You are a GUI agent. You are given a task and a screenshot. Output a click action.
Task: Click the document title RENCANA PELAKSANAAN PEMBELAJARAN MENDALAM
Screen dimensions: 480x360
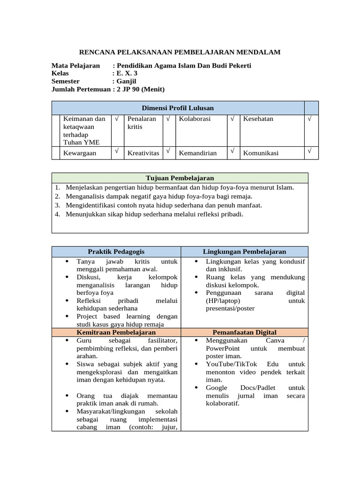(x=180, y=52)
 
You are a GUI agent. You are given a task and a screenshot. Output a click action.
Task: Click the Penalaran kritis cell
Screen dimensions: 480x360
(x=142, y=123)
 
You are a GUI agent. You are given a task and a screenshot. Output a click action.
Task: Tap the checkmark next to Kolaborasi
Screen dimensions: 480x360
(x=232, y=119)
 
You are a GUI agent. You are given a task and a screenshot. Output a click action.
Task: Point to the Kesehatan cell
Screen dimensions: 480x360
(x=258, y=119)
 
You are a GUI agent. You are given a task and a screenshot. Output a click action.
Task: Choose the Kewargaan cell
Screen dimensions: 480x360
(x=80, y=153)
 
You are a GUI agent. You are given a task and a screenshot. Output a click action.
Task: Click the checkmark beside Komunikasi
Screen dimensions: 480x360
(x=309, y=151)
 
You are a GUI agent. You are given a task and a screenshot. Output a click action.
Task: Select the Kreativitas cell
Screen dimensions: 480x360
(x=143, y=153)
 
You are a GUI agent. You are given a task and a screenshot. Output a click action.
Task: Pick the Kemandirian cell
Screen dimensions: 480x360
(x=197, y=153)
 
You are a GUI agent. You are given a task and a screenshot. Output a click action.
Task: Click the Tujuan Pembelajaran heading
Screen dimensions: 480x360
(x=180, y=178)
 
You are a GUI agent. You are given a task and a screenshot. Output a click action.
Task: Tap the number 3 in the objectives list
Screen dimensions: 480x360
(x=57, y=205)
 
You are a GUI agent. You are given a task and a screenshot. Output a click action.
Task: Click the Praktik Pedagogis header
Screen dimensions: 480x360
(x=116, y=252)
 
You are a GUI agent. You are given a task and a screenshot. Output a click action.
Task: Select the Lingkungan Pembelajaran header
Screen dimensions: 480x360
(x=244, y=252)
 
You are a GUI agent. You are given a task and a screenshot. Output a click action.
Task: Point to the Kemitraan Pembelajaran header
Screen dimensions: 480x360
(x=116, y=332)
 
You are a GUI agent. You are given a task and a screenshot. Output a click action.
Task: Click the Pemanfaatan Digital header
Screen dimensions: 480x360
(x=244, y=332)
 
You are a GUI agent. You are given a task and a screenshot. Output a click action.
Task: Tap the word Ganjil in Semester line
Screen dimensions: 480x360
(x=126, y=81)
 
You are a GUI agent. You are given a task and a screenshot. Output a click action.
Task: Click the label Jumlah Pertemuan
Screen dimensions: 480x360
(x=81, y=89)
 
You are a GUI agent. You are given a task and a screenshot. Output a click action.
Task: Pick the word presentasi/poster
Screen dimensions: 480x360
(x=230, y=308)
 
